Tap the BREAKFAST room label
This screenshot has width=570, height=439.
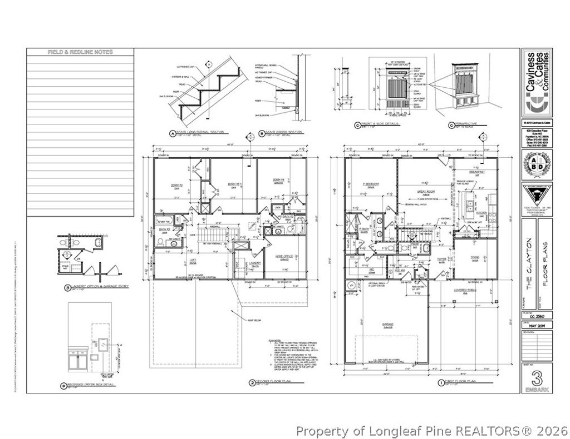pyautogui.click(x=479, y=172)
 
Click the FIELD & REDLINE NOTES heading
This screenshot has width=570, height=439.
pyautogui.click(x=80, y=52)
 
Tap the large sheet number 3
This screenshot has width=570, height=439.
pyautogui.click(x=537, y=378)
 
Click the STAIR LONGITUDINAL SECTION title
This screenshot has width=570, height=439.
pyautogui.click(x=200, y=132)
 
